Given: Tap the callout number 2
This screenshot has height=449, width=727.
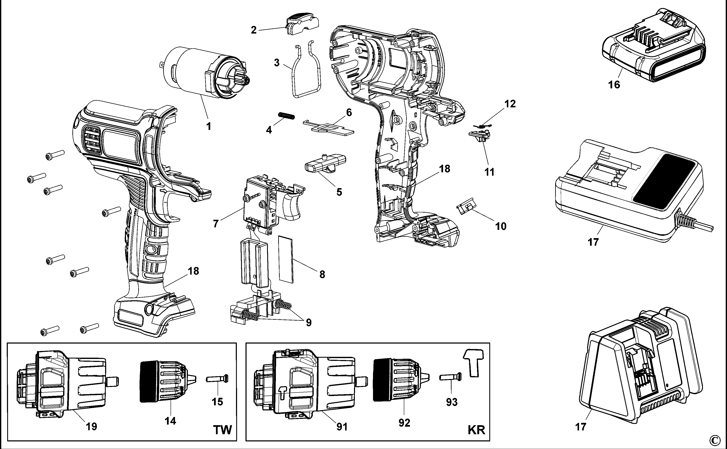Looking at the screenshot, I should click(254, 30).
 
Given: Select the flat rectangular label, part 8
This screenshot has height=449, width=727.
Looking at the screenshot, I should click(286, 259).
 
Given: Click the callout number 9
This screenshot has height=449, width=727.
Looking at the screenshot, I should click(309, 322).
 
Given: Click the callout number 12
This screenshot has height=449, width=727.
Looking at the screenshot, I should click(510, 104).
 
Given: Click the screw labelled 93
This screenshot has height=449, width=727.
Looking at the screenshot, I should click(450, 377).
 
